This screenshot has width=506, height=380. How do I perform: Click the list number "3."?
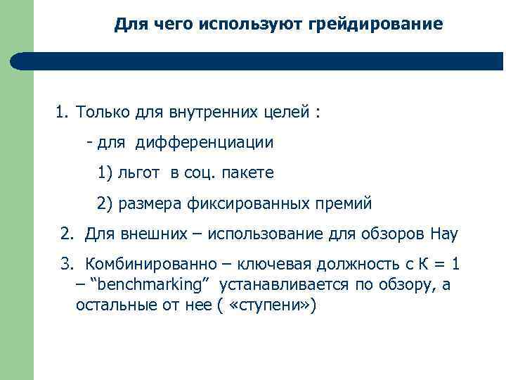point(67,265)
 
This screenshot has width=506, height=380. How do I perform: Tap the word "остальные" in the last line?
point(112,306)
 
